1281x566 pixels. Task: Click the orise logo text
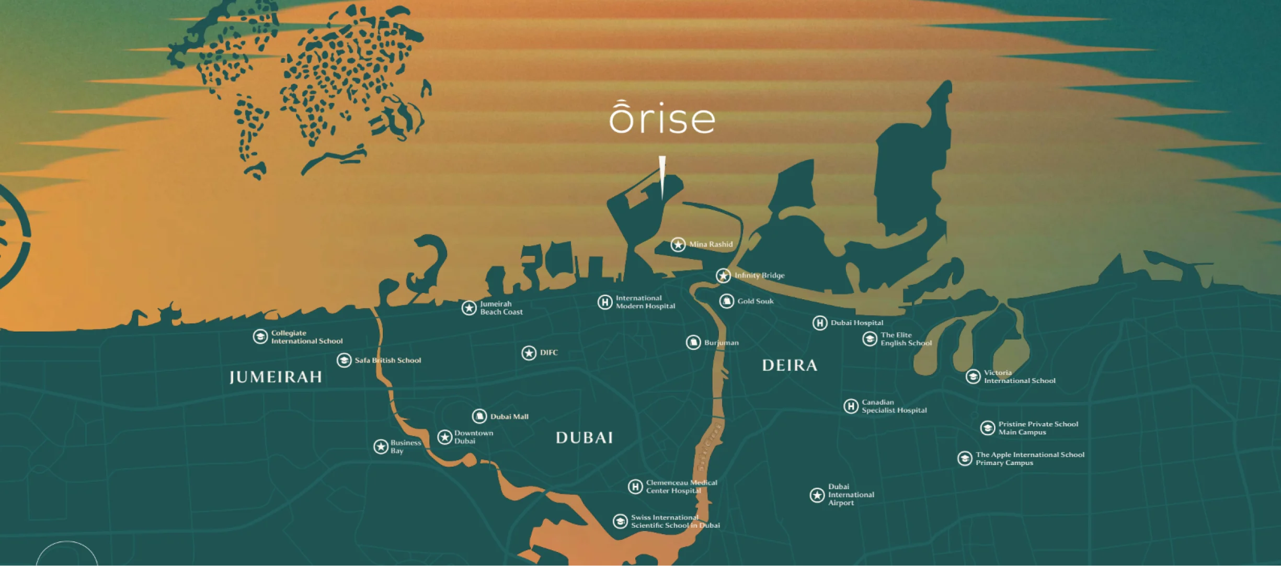[662, 118]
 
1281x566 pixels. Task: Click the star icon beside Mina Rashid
[678, 244]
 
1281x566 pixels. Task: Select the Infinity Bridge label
[759, 276]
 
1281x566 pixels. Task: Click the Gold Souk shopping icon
[726, 301]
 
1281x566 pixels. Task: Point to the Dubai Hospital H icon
[819, 323]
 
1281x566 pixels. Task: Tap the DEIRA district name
[790, 365]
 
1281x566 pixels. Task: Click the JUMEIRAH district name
[276, 377]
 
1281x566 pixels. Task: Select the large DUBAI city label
[584, 438]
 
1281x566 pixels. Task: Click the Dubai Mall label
[509, 417]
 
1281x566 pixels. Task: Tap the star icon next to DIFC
[529, 353]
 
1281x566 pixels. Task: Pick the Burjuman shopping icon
[693, 343]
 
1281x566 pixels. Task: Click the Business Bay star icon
[381, 447]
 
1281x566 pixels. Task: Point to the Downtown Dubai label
[473, 437]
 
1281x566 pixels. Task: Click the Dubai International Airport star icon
[817, 495]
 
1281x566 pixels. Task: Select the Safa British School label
[387, 360]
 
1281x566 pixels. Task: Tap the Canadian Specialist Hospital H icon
[851, 406]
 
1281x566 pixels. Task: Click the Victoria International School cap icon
[973, 377]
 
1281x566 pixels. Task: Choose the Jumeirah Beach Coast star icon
[469, 308]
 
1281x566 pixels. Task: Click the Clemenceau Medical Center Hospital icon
[635, 487]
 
